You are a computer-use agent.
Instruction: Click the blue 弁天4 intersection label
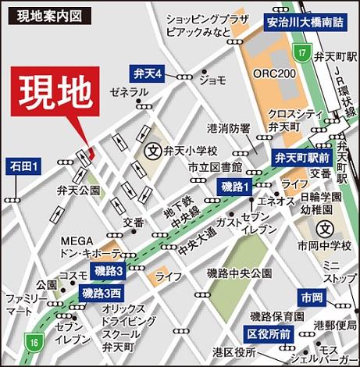tap(147, 74)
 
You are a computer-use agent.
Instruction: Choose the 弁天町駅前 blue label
tap(301, 157)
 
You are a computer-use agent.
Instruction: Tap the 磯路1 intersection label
tap(233, 187)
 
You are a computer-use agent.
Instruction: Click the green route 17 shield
tap(300, 52)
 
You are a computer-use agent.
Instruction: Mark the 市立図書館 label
tap(214, 168)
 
